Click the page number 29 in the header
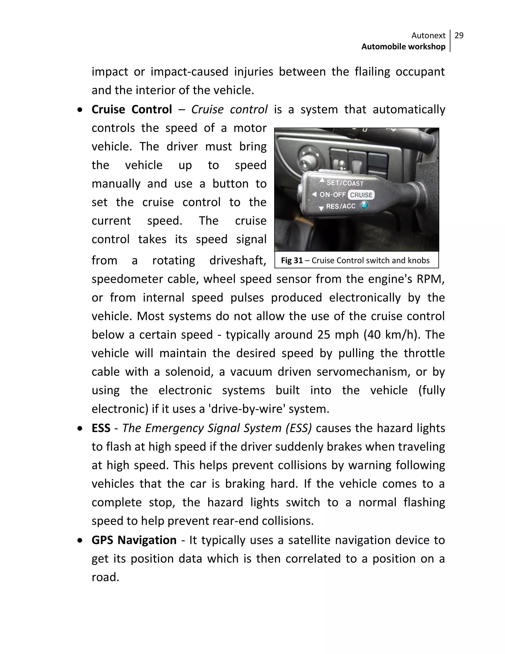click(x=459, y=36)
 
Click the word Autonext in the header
click(x=428, y=36)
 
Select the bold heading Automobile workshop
click(x=403, y=47)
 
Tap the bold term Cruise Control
click(x=132, y=109)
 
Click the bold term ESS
click(x=101, y=428)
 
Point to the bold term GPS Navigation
click(x=134, y=540)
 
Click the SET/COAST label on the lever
click(x=345, y=183)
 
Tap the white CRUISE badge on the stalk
click(x=361, y=195)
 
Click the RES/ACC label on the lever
click(x=341, y=206)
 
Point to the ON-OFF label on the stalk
click(x=332, y=195)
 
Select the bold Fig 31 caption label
click(x=292, y=260)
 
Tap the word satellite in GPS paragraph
click(x=309, y=540)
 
